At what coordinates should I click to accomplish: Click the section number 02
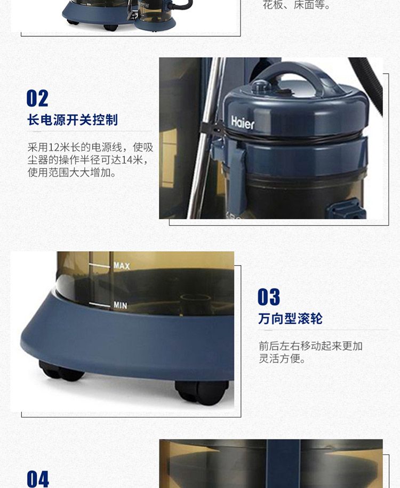pos(37,98)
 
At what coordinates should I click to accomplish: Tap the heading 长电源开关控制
pos(73,120)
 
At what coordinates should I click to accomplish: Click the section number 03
pos(269,297)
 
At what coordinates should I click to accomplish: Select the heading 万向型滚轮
pos(290,319)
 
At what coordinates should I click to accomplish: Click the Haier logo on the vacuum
pos(243,123)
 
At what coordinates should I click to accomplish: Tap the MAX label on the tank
pos(122,266)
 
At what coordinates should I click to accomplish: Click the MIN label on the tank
pos(120,305)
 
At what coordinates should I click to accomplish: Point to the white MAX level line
pos(99,266)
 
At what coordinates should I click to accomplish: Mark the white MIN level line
pos(99,305)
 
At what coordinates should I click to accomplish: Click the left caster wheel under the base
pos(61,371)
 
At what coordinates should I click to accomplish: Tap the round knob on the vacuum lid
pos(261,86)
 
